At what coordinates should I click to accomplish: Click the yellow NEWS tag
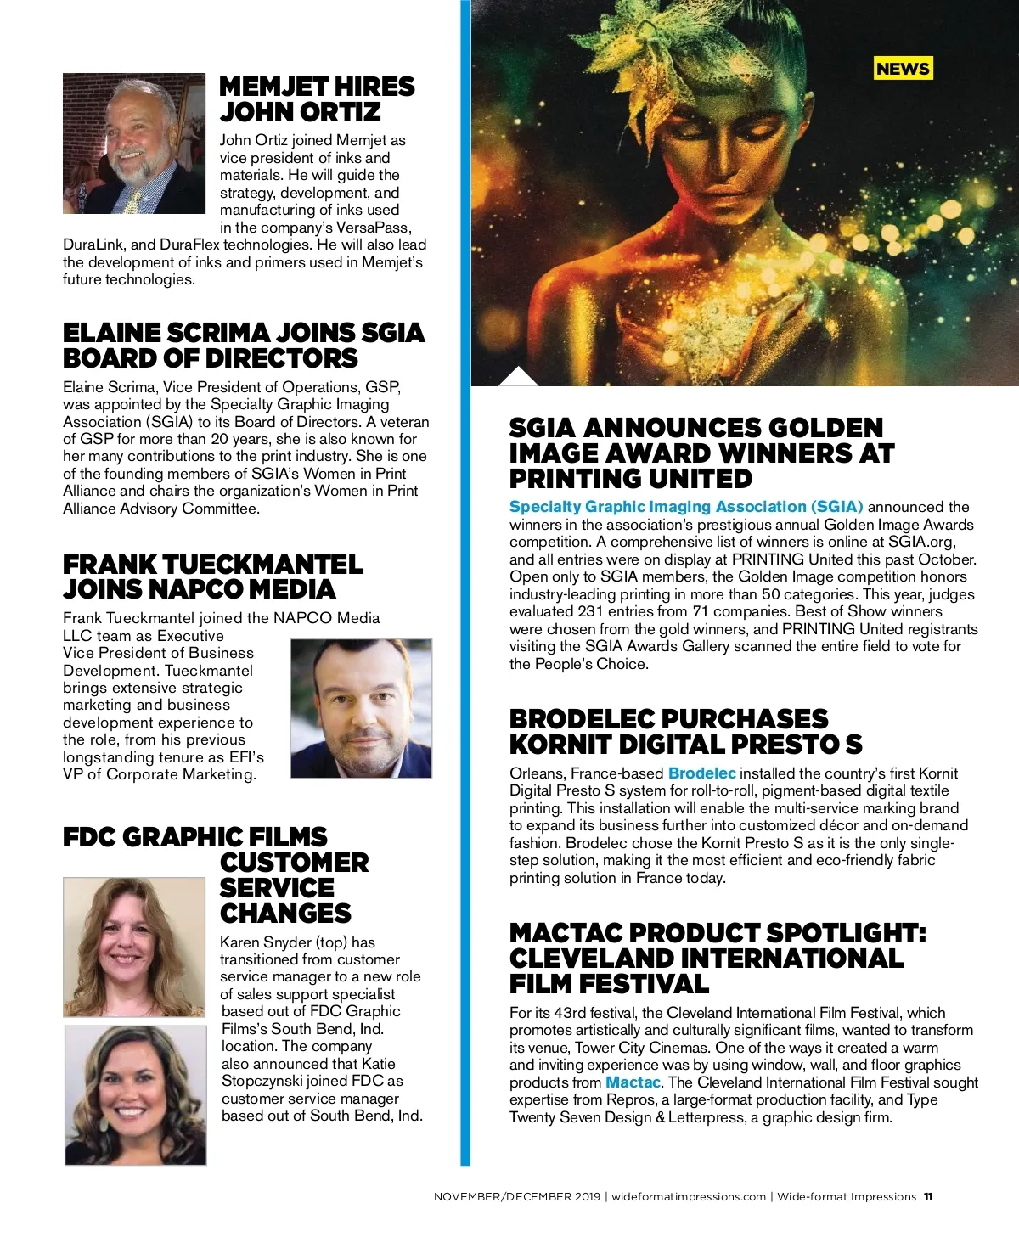coord(903,69)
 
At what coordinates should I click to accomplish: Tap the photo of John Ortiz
coord(133,143)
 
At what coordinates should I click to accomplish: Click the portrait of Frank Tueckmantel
coord(361,708)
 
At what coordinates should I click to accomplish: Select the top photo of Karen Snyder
coord(134,947)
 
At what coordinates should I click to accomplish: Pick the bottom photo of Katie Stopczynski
coord(135,1094)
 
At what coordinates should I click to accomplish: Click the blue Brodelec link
coord(701,773)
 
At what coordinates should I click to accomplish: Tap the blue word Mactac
coord(633,1082)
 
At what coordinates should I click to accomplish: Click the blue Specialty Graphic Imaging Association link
coord(685,507)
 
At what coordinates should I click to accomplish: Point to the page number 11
coord(928,1197)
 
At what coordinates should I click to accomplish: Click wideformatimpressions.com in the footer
coord(688,1197)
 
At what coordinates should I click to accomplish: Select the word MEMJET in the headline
coord(262,87)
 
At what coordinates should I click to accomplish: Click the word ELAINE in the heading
coord(110,332)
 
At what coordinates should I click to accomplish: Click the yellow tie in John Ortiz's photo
coord(132,201)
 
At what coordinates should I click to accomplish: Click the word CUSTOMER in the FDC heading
coord(294,863)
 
